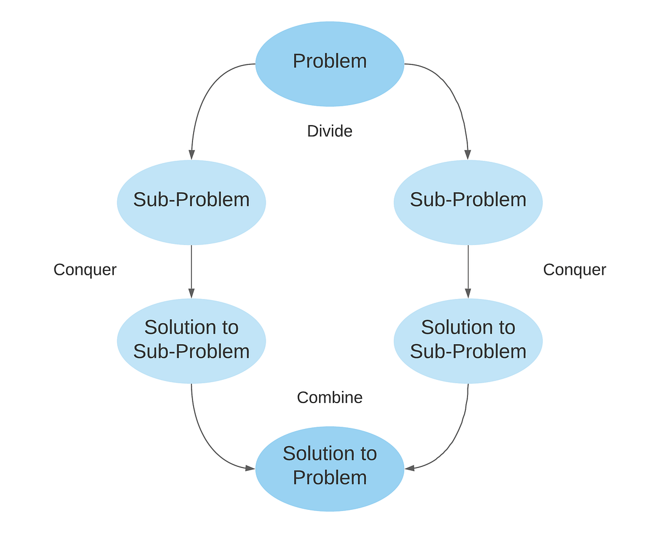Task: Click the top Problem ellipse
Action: pos(330,63)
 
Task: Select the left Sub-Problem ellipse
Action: pos(191,202)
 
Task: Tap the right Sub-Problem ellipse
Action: pos(468,202)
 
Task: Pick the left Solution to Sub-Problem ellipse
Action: pos(191,340)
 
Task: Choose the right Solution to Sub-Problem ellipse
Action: pos(468,340)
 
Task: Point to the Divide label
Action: pos(329,131)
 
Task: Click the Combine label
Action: pos(329,398)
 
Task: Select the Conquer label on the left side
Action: pos(85,270)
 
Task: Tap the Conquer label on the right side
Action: pos(574,270)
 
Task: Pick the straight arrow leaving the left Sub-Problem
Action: pos(191,270)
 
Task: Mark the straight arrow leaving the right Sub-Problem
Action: pos(468,270)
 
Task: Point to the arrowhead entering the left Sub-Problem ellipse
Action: pos(191,155)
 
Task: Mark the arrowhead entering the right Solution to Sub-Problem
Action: pos(468,293)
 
